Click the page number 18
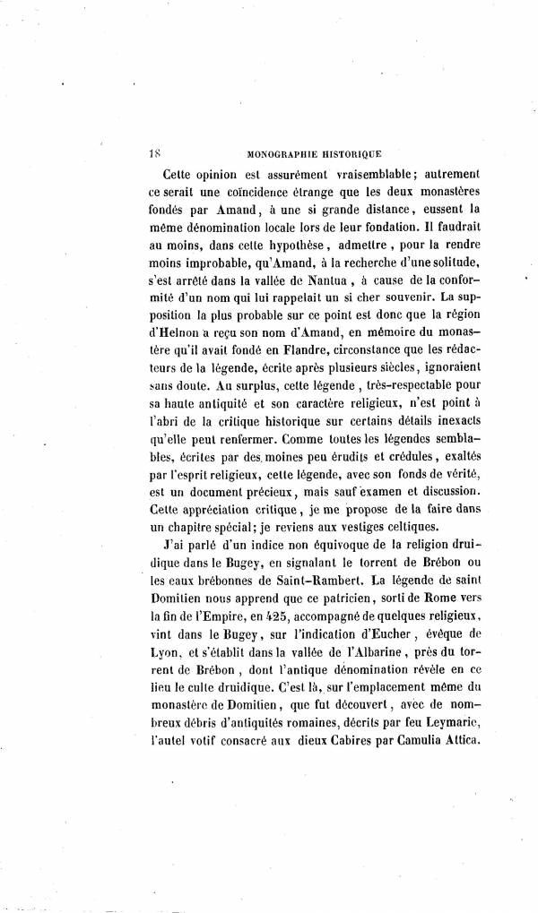click(x=153, y=153)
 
